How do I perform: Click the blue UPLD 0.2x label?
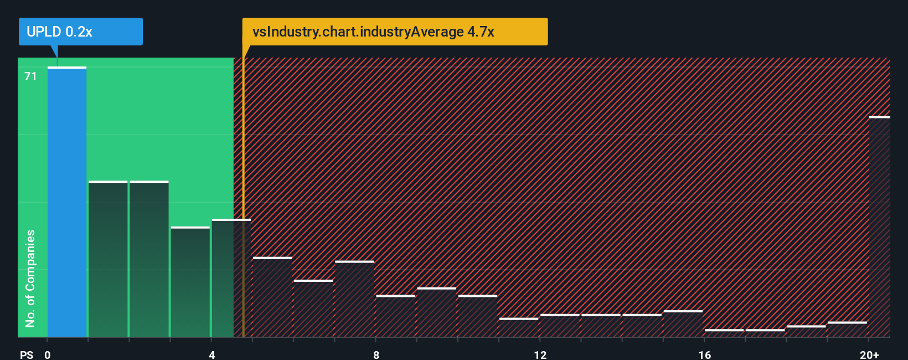[80, 32]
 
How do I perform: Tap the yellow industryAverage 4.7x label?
[394, 32]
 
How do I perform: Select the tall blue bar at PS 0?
[67, 202]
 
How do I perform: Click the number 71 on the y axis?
[30, 76]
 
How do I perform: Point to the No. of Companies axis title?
[30, 278]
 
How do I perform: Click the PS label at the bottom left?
[27, 354]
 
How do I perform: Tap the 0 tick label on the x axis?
[48, 354]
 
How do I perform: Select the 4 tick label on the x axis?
[211, 354]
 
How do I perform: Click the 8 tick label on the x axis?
[376, 354]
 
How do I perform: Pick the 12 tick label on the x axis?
[540, 354]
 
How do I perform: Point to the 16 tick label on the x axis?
[704, 354]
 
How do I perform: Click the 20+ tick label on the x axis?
[869, 354]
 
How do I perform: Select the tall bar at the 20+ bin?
[879, 227]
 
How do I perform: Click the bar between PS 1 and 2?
[108, 259]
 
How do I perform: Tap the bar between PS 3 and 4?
[190, 282]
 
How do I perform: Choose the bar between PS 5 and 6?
[272, 297]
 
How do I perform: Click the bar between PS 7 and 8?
[354, 299]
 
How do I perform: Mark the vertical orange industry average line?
[243, 194]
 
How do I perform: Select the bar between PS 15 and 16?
[683, 324]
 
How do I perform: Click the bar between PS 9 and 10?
[436, 312]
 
